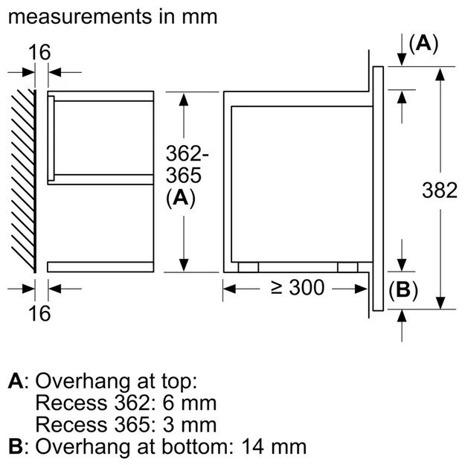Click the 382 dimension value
pyautogui.click(x=439, y=190)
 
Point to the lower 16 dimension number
pyautogui.click(x=41, y=313)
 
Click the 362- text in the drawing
pyautogui.click(x=186, y=155)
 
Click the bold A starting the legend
pyautogui.click(x=16, y=382)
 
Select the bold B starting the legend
pyautogui.click(x=16, y=447)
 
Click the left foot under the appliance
pyautogui.click(x=248, y=266)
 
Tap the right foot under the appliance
pyautogui.click(x=347, y=266)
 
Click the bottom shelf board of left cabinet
pyautogui.click(x=100, y=266)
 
